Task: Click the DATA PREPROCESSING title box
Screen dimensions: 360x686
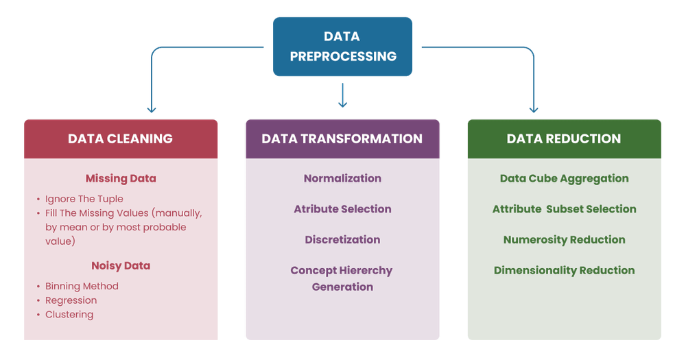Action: pos(342,47)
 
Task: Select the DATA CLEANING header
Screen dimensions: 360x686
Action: pos(121,139)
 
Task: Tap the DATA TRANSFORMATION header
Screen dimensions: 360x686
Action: pos(342,139)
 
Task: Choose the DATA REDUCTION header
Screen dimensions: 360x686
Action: pos(564,139)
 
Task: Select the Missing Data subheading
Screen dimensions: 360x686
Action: pos(121,178)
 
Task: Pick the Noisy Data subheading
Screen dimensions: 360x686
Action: pos(121,265)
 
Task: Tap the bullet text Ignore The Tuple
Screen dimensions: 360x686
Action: pos(84,199)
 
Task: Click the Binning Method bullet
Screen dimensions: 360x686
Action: pos(82,286)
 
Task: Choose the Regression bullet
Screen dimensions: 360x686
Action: pos(71,300)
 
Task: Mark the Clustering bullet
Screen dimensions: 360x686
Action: pos(69,315)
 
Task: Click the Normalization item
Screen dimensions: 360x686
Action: pos(342,178)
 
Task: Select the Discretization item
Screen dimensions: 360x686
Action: pos(342,239)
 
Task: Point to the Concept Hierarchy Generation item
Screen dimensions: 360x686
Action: pos(342,278)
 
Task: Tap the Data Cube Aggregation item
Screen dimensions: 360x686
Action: pos(564,178)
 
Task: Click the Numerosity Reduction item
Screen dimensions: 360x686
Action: pos(564,239)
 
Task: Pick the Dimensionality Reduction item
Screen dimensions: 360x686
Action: pos(564,270)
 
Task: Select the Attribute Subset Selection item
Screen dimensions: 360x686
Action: pos(564,208)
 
